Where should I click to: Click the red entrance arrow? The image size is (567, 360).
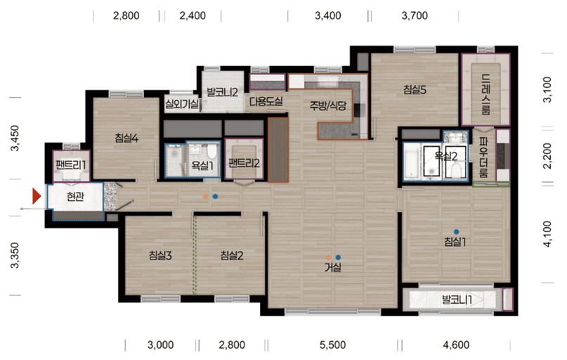[37, 196]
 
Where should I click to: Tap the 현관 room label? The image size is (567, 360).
[75, 196]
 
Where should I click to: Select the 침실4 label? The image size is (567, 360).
[126, 138]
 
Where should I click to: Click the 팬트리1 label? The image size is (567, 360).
[71, 165]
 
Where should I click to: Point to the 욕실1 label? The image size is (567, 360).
[202, 166]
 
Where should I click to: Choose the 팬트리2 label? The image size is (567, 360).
[244, 164]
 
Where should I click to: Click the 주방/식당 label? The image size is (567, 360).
[328, 105]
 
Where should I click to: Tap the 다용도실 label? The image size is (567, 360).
[266, 101]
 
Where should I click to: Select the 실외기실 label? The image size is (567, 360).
[182, 105]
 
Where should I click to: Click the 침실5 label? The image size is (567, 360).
[415, 89]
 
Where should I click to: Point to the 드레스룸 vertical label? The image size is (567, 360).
[485, 94]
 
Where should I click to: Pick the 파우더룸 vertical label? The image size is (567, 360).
[483, 157]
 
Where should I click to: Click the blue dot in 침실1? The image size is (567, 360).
[457, 231]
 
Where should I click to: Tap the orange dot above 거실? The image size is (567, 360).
[328, 257]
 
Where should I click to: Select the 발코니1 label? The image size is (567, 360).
[457, 300]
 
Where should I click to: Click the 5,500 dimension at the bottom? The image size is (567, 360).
[332, 345]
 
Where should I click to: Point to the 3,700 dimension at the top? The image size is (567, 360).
[415, 15]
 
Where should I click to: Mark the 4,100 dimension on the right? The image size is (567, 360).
[548, 234]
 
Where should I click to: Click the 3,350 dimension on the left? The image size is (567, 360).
[15, 255]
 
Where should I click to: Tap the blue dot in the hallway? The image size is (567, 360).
[216, 196]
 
